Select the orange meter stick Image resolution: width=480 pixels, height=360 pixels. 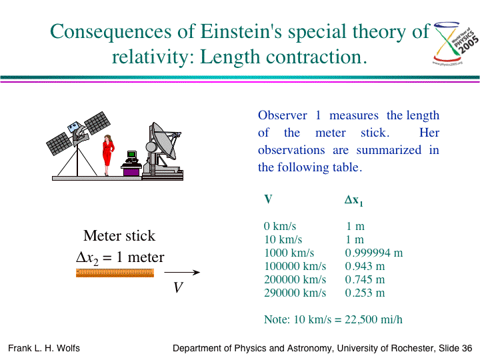115,273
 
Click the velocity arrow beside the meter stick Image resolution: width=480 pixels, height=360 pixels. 182,272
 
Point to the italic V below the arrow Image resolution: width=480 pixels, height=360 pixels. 178,287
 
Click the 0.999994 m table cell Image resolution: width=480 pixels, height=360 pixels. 374,253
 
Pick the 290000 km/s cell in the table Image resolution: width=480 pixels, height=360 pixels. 295,293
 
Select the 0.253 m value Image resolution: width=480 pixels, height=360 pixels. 365,293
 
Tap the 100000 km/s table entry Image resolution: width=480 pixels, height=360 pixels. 295,266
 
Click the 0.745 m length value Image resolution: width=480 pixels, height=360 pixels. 365,279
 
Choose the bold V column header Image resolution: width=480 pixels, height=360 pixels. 268,199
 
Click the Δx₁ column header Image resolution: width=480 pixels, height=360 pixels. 354,201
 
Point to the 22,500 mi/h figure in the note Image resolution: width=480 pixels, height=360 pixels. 373,319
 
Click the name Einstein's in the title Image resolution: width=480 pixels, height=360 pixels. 241,31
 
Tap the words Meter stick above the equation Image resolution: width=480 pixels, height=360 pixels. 119,236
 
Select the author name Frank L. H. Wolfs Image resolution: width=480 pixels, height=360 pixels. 44,349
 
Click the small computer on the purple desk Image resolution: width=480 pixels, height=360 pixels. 131,157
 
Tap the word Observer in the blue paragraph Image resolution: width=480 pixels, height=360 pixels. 282,115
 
